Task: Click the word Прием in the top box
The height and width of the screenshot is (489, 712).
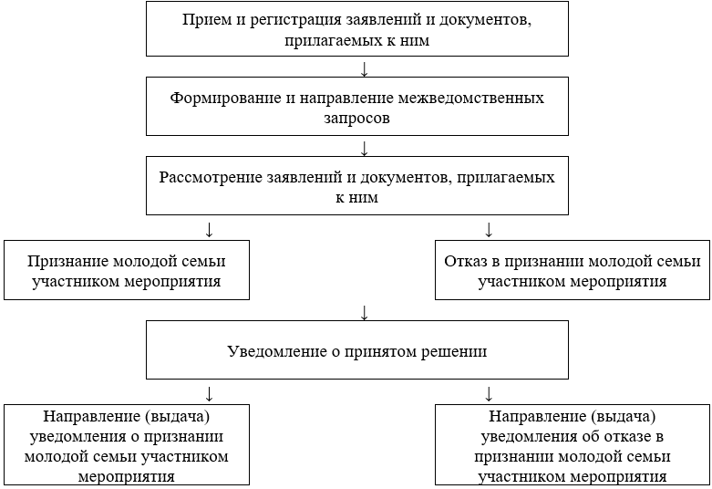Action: coord(205,20)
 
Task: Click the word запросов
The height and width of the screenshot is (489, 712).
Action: coord(364,118)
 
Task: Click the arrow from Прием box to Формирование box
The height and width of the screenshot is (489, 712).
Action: coord(364,69)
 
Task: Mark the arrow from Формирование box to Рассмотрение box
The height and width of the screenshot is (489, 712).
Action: coord(364,148)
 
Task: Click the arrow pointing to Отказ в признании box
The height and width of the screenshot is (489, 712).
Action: coord(488,228)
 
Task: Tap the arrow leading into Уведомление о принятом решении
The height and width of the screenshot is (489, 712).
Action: coord(364,312)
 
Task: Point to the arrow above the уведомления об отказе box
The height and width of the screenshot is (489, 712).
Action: coord(488,393)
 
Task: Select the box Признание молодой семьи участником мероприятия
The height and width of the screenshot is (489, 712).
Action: coord(127,270)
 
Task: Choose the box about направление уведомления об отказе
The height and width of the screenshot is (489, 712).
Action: coord(573,444)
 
